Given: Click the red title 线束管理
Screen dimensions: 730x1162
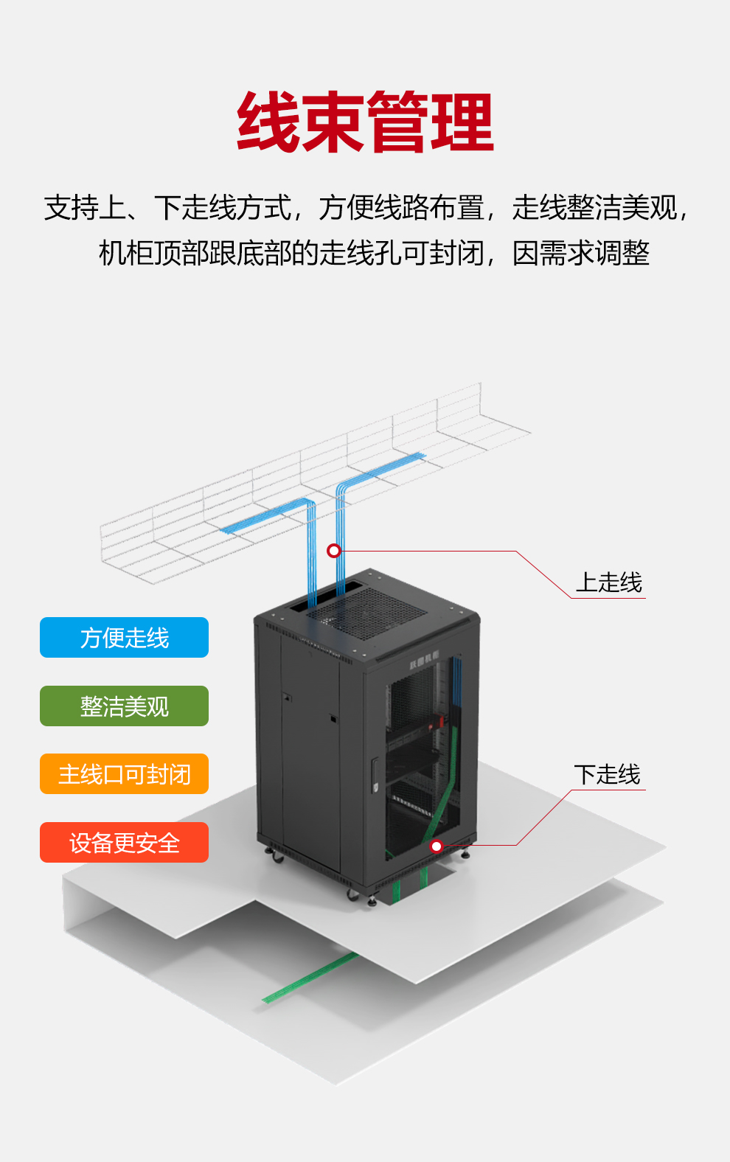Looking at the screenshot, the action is tap(365, 122).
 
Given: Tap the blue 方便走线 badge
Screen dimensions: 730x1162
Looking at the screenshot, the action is tap(124, 638).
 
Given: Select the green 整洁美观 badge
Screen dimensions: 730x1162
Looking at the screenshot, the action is tap(124, 706).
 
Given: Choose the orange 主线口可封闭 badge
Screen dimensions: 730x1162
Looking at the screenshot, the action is tap(124, 774).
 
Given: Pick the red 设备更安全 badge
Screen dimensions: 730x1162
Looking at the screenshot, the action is tap(124, 843).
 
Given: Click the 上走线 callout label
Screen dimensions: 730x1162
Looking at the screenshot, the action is tap(609, 582).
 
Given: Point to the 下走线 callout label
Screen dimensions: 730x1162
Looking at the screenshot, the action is tap(607, 774).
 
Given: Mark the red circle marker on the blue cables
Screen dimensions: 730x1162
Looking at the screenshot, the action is tap(334, 551).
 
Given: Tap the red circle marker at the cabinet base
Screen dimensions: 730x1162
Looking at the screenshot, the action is tap(437, 846).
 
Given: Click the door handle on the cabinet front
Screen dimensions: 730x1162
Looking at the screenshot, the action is tap(375, 775).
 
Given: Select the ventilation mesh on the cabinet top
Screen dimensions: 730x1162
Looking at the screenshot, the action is tap(366, 613).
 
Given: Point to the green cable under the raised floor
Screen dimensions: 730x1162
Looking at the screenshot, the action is tap(310, 978).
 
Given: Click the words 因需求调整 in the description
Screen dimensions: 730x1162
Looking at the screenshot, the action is tap(581, 253).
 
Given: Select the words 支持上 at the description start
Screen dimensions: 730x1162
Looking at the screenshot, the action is tap(85, 207).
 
